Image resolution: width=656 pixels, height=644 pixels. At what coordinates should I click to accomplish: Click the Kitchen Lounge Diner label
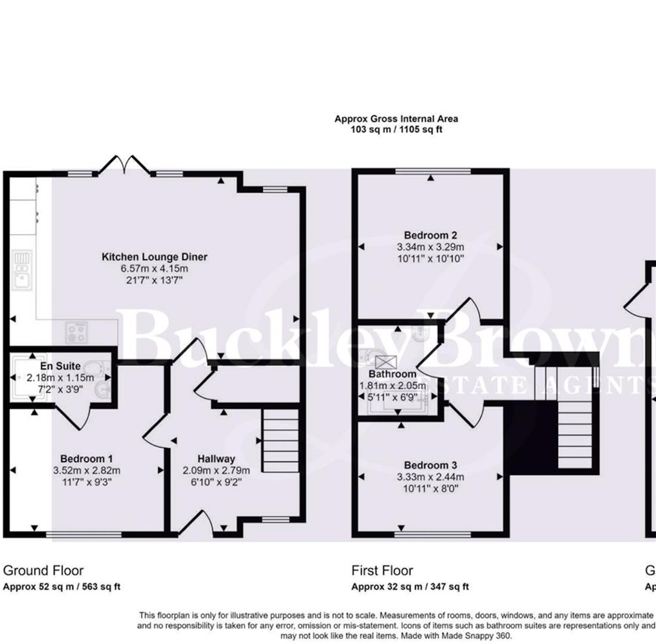(155, 257)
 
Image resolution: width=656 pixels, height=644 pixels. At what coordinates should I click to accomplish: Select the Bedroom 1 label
(87, 459)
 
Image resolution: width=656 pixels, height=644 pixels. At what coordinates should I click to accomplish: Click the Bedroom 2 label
(430, 234)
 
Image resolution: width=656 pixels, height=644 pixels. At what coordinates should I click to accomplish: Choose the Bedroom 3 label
(431, 465)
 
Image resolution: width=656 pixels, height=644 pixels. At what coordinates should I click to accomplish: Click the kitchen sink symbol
(23, 270)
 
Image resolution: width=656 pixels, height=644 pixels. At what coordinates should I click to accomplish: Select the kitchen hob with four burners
(76, 332)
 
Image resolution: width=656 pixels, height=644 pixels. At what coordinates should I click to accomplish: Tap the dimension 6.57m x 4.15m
(155, 268)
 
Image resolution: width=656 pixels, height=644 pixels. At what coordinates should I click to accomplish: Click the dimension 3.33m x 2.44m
(431, 476)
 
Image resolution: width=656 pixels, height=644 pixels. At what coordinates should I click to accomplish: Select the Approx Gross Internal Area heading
(396, 119)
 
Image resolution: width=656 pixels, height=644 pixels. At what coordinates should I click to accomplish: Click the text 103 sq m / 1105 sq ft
(396, 129)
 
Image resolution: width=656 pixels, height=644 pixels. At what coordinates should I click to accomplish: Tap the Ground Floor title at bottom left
(44, 571)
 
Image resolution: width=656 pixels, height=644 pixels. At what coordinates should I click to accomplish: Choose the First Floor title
(382, 571)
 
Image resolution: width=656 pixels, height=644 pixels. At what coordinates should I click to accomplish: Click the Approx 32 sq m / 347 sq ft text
(410, 587)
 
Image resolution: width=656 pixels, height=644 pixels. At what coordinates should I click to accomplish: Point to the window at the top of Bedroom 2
(433, 171)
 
